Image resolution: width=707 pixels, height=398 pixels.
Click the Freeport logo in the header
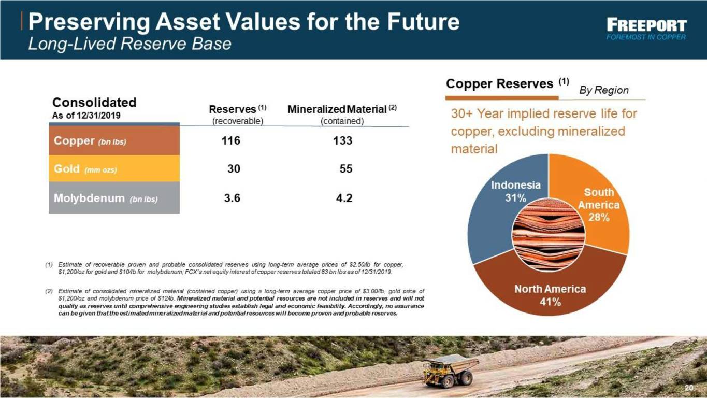coord(646,30)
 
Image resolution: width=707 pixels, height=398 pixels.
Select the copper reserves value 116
coord(230,140)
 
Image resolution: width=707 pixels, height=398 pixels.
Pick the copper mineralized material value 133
coord(343,140)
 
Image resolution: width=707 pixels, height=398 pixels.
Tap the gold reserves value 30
coord(234,168)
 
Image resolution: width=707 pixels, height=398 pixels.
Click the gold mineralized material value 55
coord(346,168)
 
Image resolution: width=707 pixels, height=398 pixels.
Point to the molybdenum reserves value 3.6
coord(232,198)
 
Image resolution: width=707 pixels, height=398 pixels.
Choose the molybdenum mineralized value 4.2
coord(344,198)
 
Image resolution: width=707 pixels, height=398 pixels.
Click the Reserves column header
coord(238,115)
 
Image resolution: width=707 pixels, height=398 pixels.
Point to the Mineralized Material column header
coord(342,115)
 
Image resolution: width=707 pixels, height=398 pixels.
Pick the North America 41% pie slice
coord(550,291)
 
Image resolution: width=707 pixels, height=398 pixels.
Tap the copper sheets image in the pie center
coord(549,235)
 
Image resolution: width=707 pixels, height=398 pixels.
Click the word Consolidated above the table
coord(94,102)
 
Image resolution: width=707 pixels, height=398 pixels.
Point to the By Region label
coord(604,90)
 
